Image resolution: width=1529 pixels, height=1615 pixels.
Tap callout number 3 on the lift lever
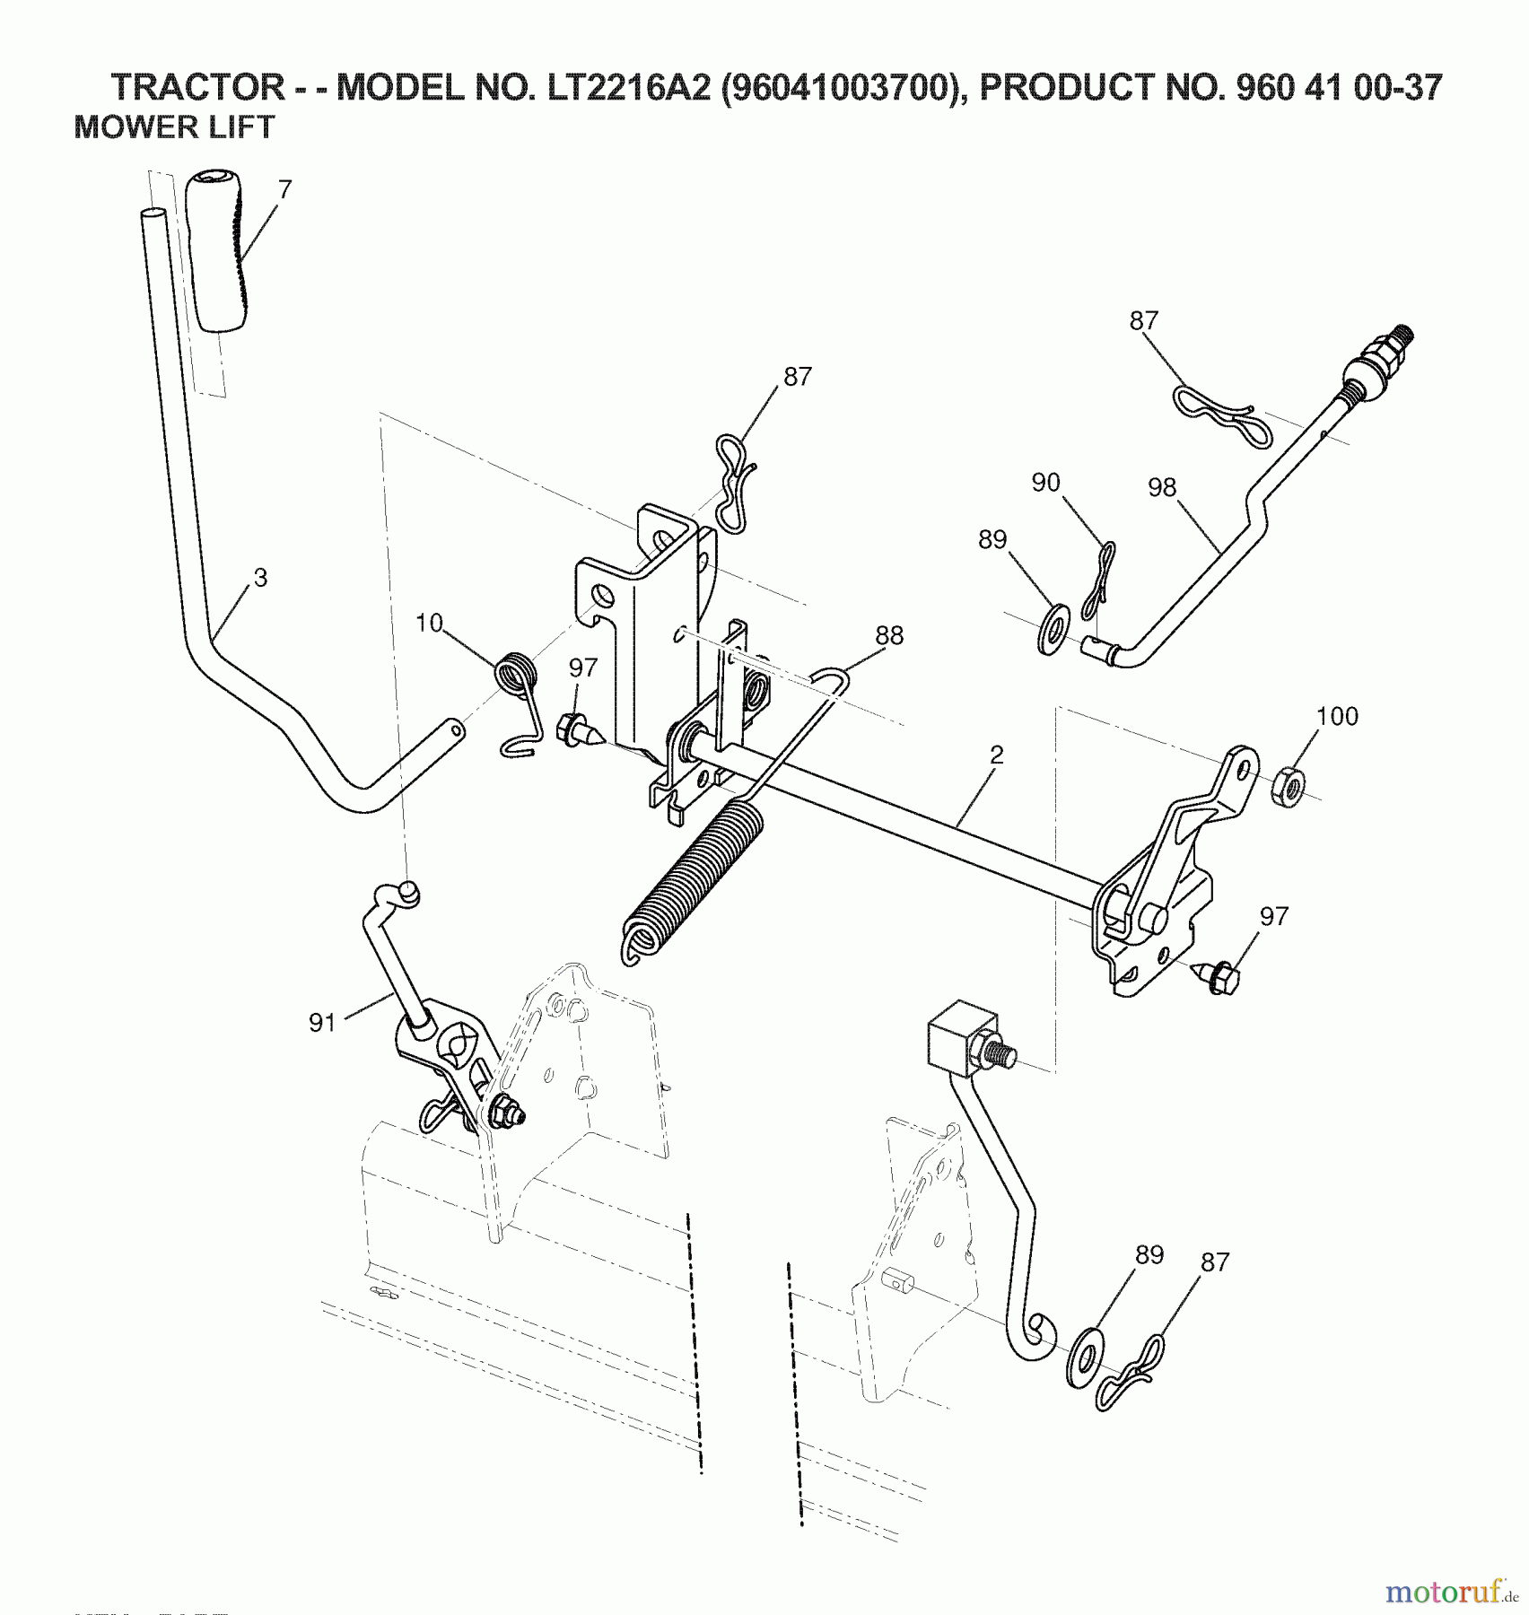point(260,579)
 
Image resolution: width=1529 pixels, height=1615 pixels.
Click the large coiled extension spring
point(691,879)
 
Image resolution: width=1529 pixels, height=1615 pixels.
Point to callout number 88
point(889,635)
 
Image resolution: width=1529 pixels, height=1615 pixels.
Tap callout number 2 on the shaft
point(996,755)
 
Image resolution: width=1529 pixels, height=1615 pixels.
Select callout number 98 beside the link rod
point(1161,487)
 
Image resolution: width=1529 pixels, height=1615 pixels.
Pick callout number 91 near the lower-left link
point(322,1022)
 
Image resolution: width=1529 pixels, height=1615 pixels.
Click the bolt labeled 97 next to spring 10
point(577,728)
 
